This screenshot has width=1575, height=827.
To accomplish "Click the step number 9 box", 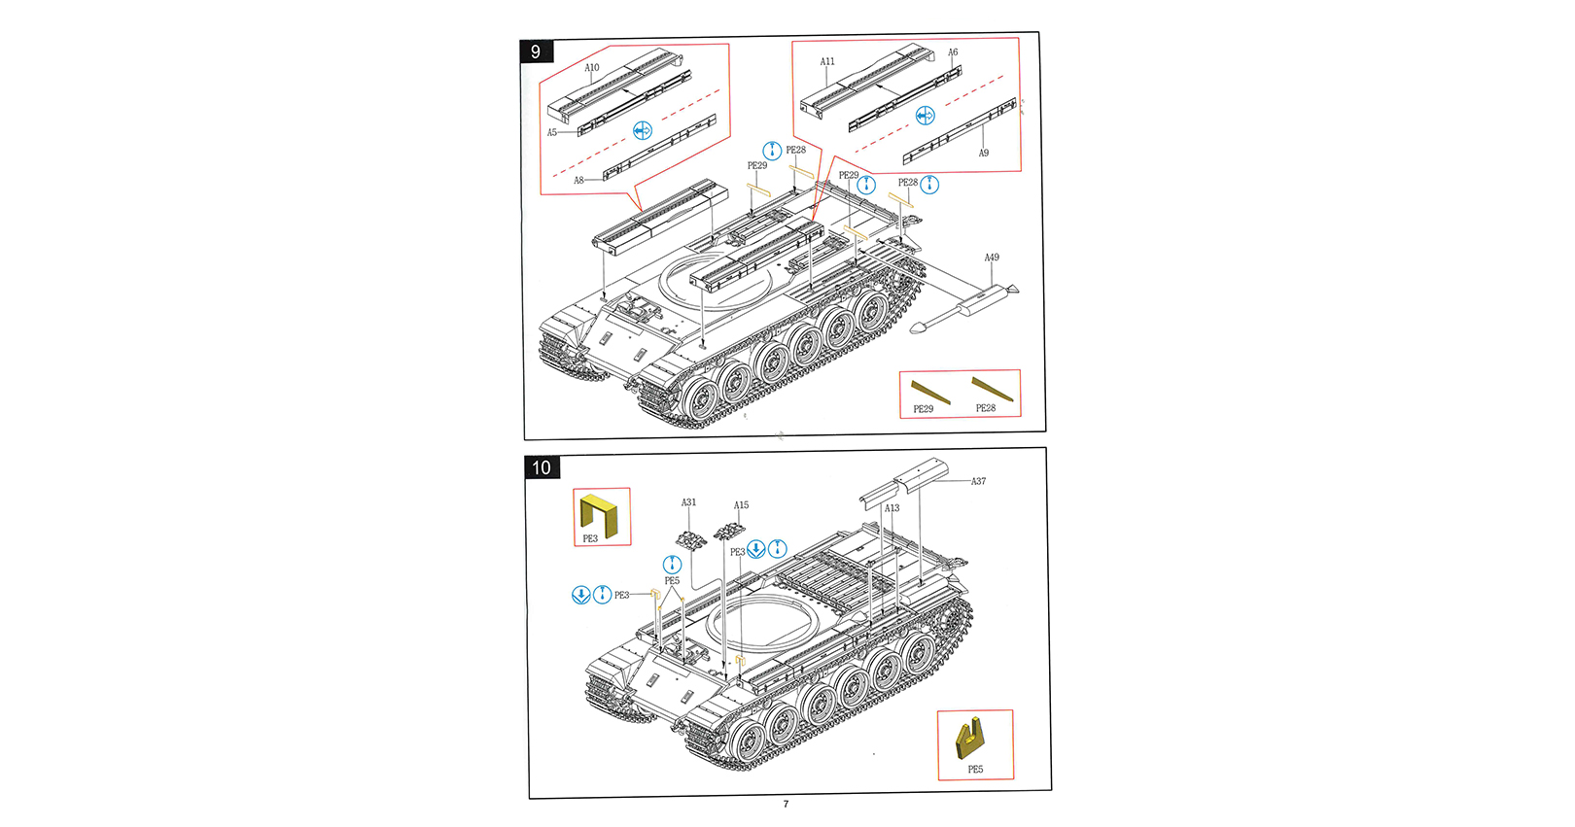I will [x=536, y=52].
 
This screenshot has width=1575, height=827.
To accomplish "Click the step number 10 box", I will [x=542, y=467].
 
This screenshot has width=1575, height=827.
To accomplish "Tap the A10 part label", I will [x=592, y=68].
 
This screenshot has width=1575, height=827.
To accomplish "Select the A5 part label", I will [x=552, y=133].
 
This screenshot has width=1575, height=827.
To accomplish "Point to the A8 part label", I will [x=578, y=181].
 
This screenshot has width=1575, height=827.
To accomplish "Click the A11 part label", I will [x=827, y=61].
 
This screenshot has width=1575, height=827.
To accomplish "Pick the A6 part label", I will [x=953, y=52].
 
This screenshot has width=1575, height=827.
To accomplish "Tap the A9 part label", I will [x=984, y=153].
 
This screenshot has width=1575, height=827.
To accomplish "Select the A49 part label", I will [x=992, y=258].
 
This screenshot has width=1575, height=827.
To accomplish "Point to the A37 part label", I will [x=978, y=481].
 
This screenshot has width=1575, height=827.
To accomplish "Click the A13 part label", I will [x=892, y=508].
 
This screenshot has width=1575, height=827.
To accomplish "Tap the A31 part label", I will [x=688, y=502].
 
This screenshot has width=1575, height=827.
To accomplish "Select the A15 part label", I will [x=741, y=505].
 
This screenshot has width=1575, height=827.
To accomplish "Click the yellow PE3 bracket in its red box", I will [x=599, y=514].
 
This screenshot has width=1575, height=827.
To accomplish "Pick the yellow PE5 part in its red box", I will [x=970, y=738].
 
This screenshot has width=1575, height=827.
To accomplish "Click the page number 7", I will [x=786, y=804].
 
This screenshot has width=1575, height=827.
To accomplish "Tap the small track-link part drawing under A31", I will [x=690, y=537].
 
